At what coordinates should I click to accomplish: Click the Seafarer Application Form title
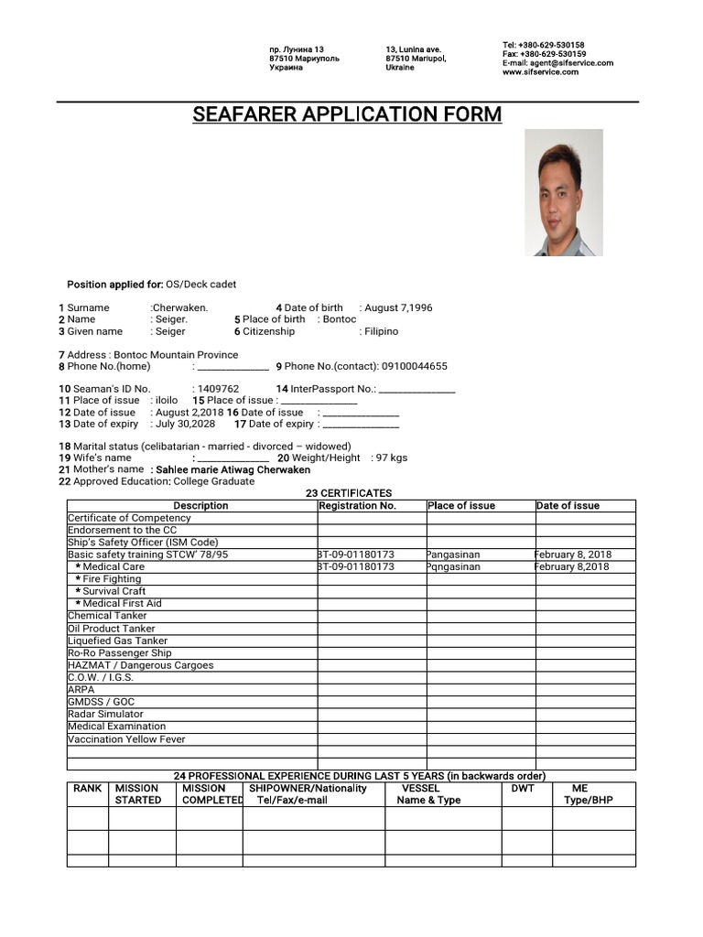pos(347,114)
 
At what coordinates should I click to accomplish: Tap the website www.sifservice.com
pos(540,72)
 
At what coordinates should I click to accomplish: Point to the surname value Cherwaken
pos(181,308)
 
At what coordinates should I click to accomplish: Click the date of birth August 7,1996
pos(398,308)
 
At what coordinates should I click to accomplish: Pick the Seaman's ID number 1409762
pos(218,389)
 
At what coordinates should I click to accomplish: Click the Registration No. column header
pos(358,505)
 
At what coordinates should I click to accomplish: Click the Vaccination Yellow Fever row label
pos(126,739)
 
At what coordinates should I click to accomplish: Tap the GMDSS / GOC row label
pos(102,702)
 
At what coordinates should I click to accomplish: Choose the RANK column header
pos(88,788)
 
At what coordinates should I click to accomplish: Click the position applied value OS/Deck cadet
pos(201,285)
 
